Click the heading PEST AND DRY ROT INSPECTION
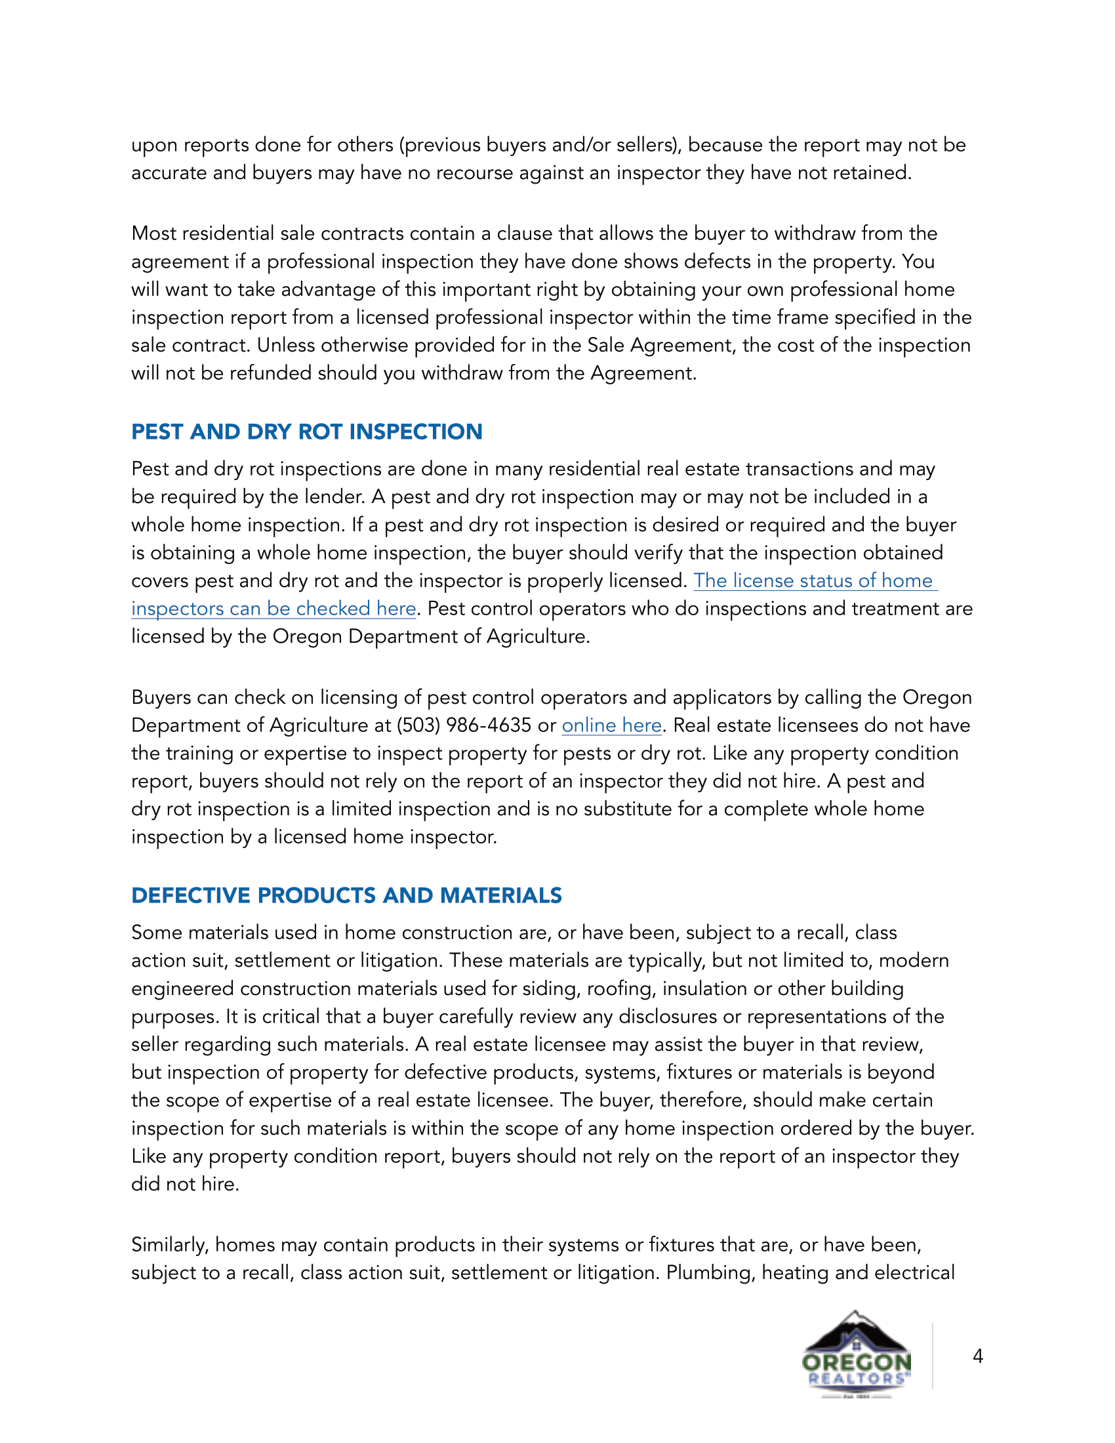point(306,432)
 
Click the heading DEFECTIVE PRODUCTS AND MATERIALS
point(346,895)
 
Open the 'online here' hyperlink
point(611,725)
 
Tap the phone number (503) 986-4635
point(463,725)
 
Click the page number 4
point(978,1356)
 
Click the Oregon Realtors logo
point(856,1354)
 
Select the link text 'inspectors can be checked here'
point(274,609)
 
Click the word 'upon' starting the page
point(153,146)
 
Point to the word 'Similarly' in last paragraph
point(170,1245)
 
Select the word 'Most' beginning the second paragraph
point(153,234)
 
